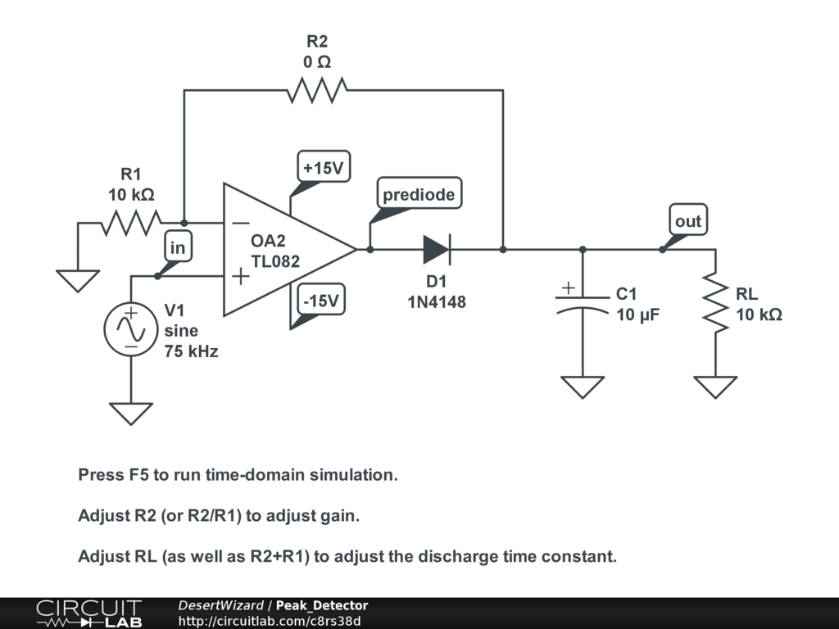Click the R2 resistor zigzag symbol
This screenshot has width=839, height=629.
point(317,90)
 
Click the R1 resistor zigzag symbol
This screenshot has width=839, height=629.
point(131,222)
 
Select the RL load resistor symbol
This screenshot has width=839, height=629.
point(715,303)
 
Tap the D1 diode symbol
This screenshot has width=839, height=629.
point(437,249)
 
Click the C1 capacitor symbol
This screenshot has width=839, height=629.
point(583,303)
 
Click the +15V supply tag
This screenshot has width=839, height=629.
point(323,169)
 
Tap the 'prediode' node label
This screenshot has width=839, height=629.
point(418,195)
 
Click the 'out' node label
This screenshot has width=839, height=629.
point(688,221)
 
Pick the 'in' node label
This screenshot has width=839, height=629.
point(179,247)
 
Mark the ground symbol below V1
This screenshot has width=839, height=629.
point(130,413)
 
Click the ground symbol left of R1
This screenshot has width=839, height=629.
point(78,281)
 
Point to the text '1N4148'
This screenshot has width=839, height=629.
point(437,302)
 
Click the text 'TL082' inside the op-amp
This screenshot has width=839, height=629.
point(275,262)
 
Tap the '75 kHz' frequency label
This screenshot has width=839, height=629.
point(191,352)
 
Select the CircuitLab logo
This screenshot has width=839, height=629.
point(88,613)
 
